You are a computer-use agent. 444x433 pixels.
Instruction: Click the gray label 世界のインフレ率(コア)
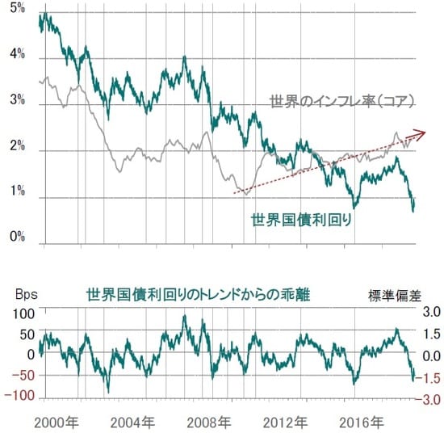pos(342,103)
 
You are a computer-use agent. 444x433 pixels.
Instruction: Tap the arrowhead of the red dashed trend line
pos(421,133)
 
